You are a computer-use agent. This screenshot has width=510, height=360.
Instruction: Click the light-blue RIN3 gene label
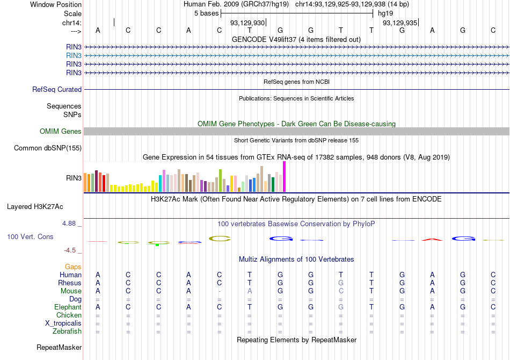tap(74, 55)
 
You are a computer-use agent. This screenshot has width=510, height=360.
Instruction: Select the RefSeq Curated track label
tap(57, 89)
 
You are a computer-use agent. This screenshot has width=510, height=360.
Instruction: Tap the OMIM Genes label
tap(61, 131)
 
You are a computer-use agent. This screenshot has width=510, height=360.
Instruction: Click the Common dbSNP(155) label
tap(48, 148)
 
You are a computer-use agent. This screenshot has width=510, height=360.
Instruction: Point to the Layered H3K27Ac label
tap(35, 206)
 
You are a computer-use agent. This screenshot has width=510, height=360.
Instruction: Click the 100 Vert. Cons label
tap(30, 236)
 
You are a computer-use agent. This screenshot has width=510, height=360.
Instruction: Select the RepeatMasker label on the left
tap(59, 348)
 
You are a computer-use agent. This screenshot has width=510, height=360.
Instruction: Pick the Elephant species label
tap(68, 307)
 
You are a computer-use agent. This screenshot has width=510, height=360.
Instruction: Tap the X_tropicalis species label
tap(63, 323)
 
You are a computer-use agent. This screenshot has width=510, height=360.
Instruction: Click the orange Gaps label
tap(73, 267)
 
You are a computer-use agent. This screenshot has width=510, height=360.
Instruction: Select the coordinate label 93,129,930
tap(247, 23)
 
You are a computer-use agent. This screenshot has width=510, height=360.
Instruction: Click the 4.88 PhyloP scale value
tap(71, 223)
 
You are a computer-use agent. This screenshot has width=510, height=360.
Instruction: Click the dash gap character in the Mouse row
tap(219, 291)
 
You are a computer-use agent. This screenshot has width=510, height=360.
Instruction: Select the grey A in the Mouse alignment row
tap(250, 291)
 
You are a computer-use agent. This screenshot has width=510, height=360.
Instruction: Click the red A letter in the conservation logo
tap(432, 239)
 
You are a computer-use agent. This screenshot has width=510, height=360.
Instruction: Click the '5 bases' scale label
tap(206, 12)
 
